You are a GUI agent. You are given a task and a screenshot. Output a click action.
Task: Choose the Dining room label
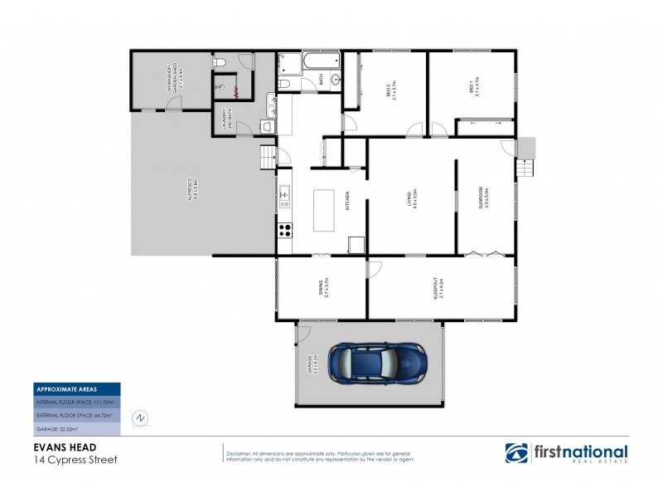(x=320, y=288)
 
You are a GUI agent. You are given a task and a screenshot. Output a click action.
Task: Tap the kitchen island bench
(x=323, y=212)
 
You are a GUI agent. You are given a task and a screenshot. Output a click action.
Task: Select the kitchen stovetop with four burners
(x=284, y=230)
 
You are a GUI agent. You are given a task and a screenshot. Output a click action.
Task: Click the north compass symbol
(x=142, y=417)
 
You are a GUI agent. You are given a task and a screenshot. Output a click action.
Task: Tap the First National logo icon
(x=517, y=453)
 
